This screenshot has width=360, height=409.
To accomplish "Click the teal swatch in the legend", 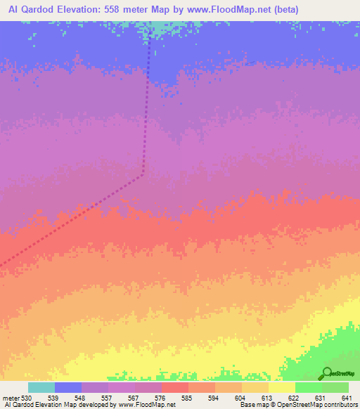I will [x=41, y=387].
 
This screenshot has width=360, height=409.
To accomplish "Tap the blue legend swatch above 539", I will [x=68, y=387].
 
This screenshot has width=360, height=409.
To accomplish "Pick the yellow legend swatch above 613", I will [x=255, y=387].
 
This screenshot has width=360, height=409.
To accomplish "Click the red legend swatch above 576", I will [x=175, y=387].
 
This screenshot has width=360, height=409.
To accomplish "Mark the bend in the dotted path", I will [x=143, y=173].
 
